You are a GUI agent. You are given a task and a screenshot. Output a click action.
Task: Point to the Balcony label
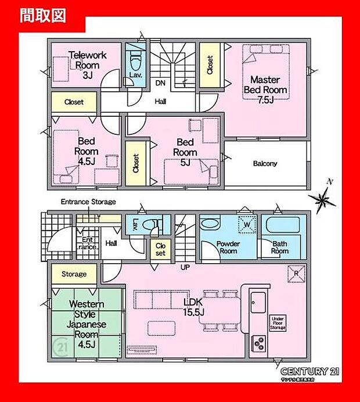pyautogui.click(x=265, y=164)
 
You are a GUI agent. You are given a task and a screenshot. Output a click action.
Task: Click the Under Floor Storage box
pyautogui.click(x=277, y=323)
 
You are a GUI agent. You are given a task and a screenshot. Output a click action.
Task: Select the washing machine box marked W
pyautogui.click(x=247, y=224)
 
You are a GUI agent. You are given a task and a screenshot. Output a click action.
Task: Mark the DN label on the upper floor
pyautogui.click(x=160, y=84)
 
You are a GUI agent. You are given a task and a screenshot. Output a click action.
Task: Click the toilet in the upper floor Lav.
pyautogui.click(x=135, y=59)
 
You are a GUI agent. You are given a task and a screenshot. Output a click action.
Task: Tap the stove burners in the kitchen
pyautogui.click(x=257, y=344)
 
